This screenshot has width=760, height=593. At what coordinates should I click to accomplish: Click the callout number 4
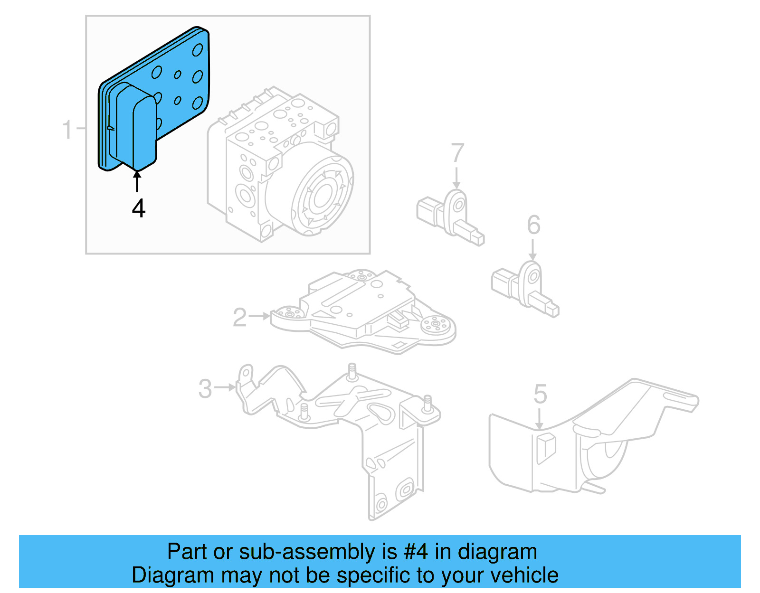pos(138,208)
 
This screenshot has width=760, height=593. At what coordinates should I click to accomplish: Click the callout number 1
pos(67,129)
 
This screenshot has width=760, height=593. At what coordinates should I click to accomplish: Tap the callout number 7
pos(457,153)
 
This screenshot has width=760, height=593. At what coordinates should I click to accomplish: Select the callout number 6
pos(533,225)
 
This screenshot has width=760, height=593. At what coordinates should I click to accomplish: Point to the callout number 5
pos(540,394)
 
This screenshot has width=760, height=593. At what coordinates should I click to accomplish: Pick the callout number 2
pos(239,317)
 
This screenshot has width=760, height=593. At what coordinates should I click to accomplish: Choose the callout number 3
pos(205,389)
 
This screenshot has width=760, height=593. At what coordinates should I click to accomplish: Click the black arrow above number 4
pos(137,181)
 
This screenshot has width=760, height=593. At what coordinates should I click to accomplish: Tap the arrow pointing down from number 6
pos(533,250)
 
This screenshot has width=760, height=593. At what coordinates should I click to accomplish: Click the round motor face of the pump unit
pos(323,195)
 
